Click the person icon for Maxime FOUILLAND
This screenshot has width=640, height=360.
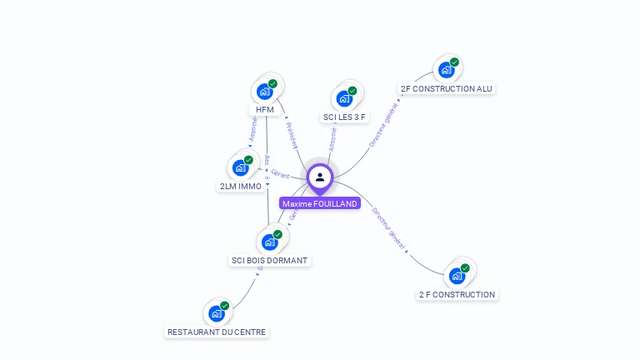[320, 177]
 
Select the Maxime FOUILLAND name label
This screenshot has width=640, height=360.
[320, 203]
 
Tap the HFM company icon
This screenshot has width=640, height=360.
[265, 91]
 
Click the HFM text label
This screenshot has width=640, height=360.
[265, 110]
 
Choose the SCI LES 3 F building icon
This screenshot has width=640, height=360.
[344, 98]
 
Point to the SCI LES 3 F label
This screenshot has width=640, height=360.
[344, 117]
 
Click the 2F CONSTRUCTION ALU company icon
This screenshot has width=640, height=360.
[447, 70]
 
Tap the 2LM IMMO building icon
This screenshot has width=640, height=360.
[241, 167]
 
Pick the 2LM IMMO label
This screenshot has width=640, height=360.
[241, 187]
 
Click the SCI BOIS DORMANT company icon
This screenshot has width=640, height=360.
[270, 242]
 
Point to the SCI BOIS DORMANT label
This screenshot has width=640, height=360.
[269, 261]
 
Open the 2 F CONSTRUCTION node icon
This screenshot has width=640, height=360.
[457, 276]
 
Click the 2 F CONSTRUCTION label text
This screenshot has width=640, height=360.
[457, 294]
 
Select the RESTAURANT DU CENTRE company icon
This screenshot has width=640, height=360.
[217, 313]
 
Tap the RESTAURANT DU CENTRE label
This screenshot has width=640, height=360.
[217, 332]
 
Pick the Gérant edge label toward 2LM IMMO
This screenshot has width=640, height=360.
[280, 174]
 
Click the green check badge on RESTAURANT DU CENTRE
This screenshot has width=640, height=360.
[224, 306]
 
